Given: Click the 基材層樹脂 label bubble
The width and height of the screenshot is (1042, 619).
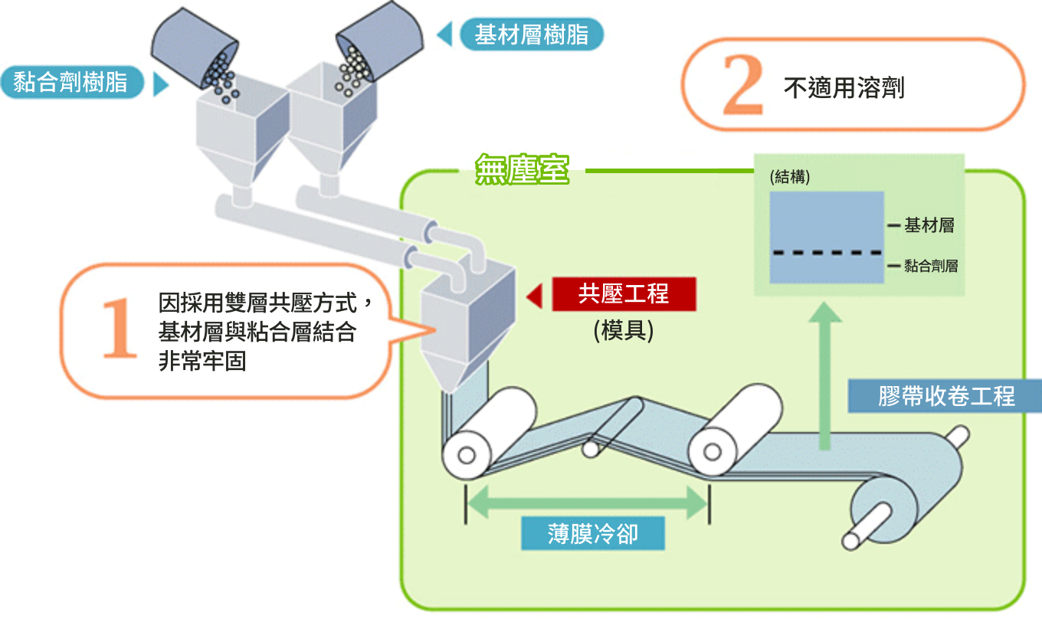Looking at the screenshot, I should pyautogui.click(x=531, y=34).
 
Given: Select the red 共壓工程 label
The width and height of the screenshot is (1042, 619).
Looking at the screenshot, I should pyautogui.click(x=624, y=294).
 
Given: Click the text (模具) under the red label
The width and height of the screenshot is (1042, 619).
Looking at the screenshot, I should pyautogui.click(x=624, y=330).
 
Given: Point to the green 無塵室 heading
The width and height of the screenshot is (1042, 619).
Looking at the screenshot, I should pyautogui.click(x=522, y=169).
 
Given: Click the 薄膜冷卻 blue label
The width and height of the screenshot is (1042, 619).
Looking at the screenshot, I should pyautogui.click(x=592, y=532).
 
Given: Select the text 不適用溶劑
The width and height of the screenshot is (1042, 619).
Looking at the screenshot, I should pyautogui.click(x=844, y=87).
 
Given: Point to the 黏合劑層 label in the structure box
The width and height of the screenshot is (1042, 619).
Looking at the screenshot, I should pyautogui.click(x=930, y=267).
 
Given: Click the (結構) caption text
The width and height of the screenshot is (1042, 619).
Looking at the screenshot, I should pyautogui.click(x=790, y=177).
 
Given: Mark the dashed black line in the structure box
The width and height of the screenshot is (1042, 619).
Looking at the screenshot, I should pyautogui.click(x=826, y=252).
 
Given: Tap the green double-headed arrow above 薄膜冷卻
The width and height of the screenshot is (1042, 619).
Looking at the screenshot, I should pyautogui.click(x=586, y=503).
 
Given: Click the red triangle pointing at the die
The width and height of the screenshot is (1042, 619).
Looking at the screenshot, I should pyautogui.click(x=535, y=296).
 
